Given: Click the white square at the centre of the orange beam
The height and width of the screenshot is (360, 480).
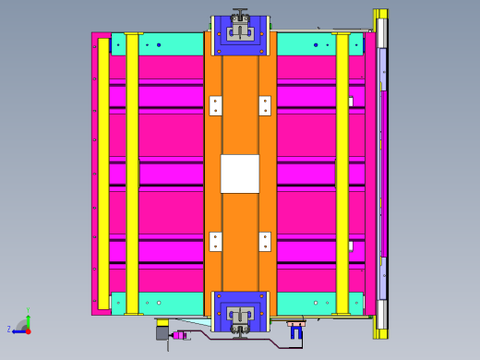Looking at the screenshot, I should point(240,174).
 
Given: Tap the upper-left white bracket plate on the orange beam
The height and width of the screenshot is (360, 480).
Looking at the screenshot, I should point(215,105).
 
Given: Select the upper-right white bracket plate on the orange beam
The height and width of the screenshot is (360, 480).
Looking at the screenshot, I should point(265,105).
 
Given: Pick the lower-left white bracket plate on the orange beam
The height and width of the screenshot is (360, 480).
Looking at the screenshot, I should point(215,242).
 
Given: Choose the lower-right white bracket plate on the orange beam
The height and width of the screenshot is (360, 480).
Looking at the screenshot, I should point(265,242).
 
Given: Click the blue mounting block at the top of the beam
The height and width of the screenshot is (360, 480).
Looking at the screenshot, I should point(240,35).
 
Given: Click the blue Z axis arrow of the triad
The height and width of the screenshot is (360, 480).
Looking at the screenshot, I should point(18,330).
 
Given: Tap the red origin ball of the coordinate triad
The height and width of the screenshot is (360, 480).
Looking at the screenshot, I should point(28,330).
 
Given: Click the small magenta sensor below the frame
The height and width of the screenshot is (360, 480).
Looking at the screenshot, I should point(177,335).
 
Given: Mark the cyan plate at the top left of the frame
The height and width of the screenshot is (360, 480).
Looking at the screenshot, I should point(157,43).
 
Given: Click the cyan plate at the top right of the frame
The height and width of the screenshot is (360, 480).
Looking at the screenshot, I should point(318,43).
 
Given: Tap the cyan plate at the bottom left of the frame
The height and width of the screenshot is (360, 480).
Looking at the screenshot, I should point(157,303).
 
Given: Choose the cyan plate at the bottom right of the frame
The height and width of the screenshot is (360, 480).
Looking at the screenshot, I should point(318,303).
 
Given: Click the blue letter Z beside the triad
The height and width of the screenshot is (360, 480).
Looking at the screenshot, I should point(9,330).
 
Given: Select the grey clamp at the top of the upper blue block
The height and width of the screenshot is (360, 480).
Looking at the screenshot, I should point(240,16).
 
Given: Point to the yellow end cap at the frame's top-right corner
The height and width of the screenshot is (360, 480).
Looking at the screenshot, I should point(380,14).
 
